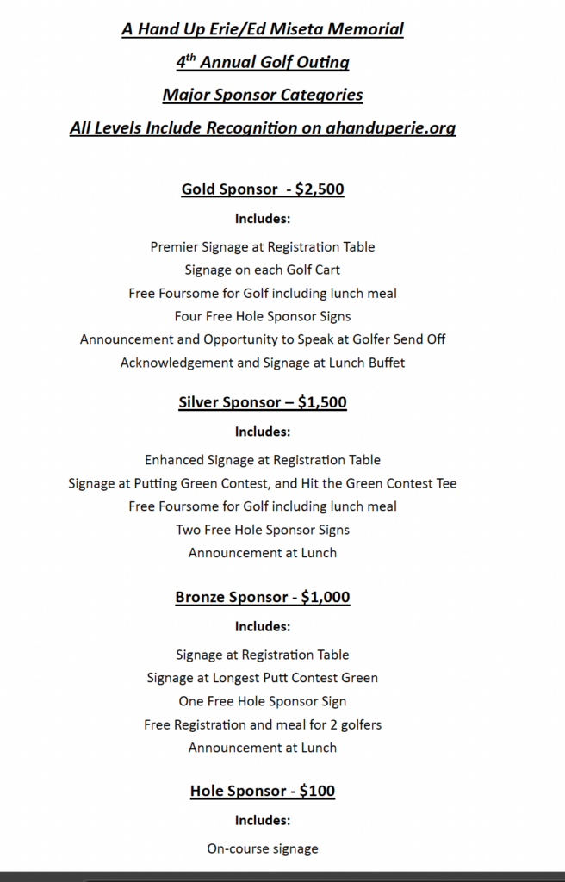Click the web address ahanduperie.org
pos(390,128)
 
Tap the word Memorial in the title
pos(363,29)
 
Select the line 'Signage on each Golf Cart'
pos(263,270)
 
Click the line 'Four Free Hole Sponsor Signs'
pos(263,316)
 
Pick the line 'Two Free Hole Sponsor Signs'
pos(263,530)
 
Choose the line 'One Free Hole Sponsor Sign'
pos(263,701)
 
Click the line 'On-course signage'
pos(263,848)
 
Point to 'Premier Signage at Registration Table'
pos(263,246)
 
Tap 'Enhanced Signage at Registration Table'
pos(263,460)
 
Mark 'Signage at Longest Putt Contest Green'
pos(263,678)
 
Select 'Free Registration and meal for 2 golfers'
pos(263,724)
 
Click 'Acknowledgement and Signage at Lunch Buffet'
pos(263,363)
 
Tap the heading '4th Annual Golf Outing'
pos(263,62)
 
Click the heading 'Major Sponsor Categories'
pos(263,95)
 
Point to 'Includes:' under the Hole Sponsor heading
pos(263,820)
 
